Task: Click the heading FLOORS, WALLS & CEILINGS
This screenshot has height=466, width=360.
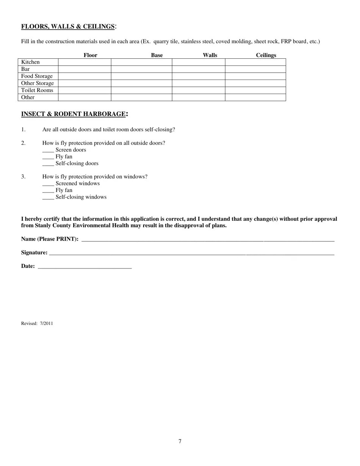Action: tap(68, 27)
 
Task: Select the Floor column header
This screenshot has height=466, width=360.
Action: tap(90, 55)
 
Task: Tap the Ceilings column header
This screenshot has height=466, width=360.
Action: tap(266, 55)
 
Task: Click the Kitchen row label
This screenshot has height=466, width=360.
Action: tap(30, 62)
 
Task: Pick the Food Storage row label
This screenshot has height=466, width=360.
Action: tap(37, 76)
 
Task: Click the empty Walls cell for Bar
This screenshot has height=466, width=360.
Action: tap(198, 69)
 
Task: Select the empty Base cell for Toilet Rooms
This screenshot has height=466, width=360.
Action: tap(141, 91)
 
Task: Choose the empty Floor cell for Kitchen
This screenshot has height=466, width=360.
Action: tap(85, 62)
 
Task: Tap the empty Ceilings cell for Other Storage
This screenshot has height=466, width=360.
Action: tap(255, 83)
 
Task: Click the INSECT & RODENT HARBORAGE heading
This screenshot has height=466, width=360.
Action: tap(73, 114)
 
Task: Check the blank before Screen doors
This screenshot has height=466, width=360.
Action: tap(48, 150)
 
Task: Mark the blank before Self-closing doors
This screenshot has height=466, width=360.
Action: tap(48, 164)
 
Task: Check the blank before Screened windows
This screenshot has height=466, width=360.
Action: tap(48, 184)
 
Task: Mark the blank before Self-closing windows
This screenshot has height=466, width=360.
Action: tap(48, 197)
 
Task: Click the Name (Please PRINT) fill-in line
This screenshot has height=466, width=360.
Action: tap(208, 239)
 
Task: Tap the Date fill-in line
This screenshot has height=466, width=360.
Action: tap(85, 266)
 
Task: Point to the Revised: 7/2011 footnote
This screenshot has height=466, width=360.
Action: tap(37, 324)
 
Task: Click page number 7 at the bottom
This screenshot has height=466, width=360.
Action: tap(180, 441)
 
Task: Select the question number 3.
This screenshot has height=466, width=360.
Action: tap(23, 177)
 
